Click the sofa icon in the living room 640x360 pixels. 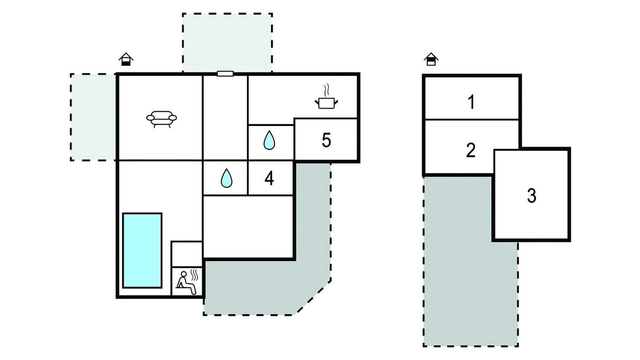[x=161, y=119]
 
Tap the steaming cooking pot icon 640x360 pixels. [x=326, y=97]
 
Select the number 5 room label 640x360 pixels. [x=326, y=140]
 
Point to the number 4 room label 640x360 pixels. [x=269, y=178]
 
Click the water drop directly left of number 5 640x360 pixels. [x=269, y=140]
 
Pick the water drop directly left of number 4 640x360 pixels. [x=226, y=178]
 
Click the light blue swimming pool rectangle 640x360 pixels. [x=142, y=250]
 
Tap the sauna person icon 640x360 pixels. [x=187, y=282]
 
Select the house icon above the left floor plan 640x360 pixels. [x=126, y=59]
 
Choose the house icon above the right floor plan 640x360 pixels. [x=431, y=59]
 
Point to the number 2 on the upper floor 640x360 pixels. [x=470, y=150]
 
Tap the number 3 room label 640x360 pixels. [x=531, y=195]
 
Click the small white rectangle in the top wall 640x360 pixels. [x=225, y=73]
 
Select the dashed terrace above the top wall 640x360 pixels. [x=227, y=42]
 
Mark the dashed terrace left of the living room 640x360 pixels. [x=93, y=117]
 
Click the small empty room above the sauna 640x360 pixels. [x=187, y=254]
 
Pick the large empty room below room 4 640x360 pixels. [x=248, y=226]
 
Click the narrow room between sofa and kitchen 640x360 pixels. [x=225, y=117]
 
